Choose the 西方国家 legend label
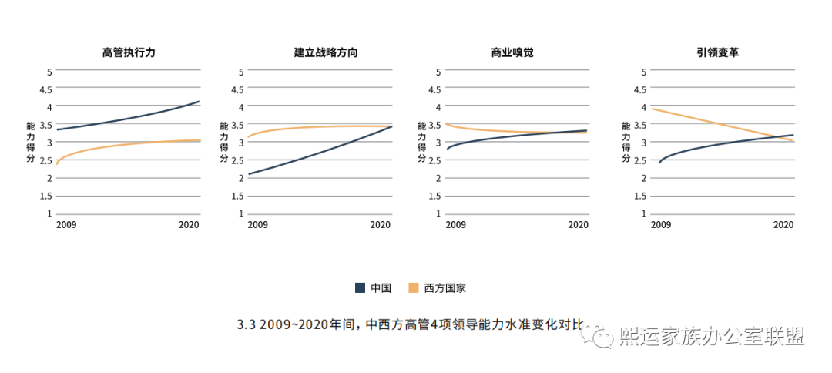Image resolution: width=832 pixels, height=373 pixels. pyautogui.click(x=445, y=288)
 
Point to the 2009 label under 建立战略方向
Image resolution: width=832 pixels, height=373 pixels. pyautogui.click(x=258, y=224)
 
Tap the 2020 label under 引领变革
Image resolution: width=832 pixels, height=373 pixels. pyautogui.click(x=783, y=224)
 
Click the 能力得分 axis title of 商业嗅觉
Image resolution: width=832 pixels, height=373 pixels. pyautogui.click(x=421, y=142)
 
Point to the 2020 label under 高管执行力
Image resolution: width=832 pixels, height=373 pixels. pyautogui.click(x=190, y=224)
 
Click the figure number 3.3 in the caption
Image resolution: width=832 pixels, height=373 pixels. pyautogui.click(x=246, y=325)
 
